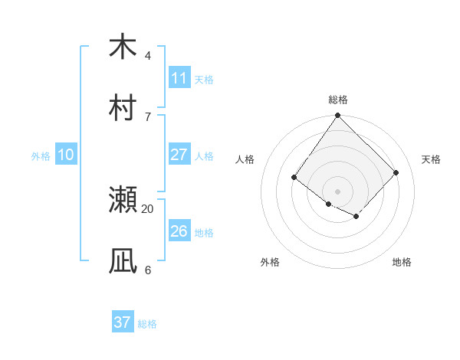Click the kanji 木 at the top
(123, 47)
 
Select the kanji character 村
(123, 107)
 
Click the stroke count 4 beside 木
(147, 56)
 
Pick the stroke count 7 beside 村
(147, 116)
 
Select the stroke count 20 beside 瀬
(147, 208)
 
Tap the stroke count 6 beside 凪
(147, 270)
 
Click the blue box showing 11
(179, 78)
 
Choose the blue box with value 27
(179, 155)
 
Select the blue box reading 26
(179, 231)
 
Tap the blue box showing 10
(66, 155)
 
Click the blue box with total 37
(123, 322)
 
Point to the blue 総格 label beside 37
(147, 324)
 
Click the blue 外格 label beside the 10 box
(41, 156)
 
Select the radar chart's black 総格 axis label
(338, 100)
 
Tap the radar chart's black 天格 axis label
(432, 159)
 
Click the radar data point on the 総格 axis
(338, 116)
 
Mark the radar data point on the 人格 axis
(294, 178)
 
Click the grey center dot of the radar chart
(338, 191)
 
